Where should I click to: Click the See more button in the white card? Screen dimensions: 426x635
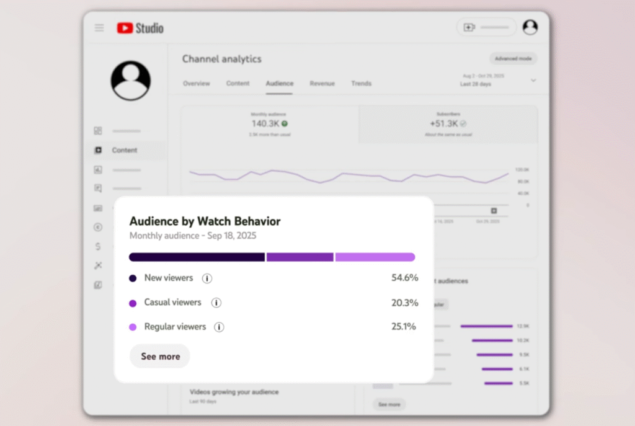[x=160, y=357]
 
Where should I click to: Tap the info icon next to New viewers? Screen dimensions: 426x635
[x=207, y=278]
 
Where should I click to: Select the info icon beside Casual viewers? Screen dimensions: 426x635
[x=216, y=303]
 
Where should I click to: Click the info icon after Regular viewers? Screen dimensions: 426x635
[x=219, y=327]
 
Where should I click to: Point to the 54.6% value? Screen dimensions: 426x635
[x=404, y=278]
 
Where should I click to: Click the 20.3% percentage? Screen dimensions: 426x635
[x=404, y=303]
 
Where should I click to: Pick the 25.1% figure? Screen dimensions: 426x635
[x=404, y=327]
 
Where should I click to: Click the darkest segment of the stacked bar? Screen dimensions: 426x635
[x=197, y=257]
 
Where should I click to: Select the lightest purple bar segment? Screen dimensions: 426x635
[x=375, y=257]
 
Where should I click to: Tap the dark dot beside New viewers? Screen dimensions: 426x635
[x=133, y=278]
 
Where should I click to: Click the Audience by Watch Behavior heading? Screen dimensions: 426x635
[x=205, y=221]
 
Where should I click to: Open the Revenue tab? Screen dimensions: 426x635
[x=322, y=84]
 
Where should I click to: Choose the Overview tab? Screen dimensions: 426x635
[x=196, y=84]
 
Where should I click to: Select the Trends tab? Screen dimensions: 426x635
[x=362, y=84]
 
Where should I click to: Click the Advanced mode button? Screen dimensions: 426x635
[x=513, y=59]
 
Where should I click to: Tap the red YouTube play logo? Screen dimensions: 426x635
[x=125, y=28]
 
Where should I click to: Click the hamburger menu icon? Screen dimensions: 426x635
[x=99, y=28]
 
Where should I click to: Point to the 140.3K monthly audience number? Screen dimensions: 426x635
[x=265, y=123]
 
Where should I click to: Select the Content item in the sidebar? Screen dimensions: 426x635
[x=125, y=150]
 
